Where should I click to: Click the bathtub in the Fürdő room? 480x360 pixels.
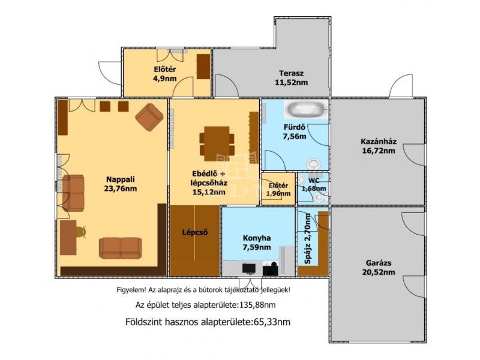pyautogui.click(x=306, y=109)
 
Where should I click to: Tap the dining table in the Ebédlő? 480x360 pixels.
pyautogui.click(x=217, y=143)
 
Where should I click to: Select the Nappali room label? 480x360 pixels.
pyautogui.click(x=121, y=179)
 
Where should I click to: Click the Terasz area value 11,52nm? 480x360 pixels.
pyautogui.click(x=291, y=82)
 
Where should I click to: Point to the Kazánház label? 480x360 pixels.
pyautogui.click(x=379, y=142)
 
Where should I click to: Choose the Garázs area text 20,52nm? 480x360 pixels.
pyautogui.click(x=379, y=272)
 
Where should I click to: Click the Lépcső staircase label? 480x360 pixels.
pyautogui.click(x=195, y=232)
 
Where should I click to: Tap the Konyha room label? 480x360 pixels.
pyautogui.click(x=257, y=238)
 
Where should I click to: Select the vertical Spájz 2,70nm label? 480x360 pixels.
pyautogui.click(x=308, y=239)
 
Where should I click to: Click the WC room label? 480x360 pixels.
pyautogui.click(x=314, y=181)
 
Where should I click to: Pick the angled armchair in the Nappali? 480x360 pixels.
pyautogui.click(x=149, y=117)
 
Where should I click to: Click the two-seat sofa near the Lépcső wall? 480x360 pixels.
pyautogui.click(x=121, y=248)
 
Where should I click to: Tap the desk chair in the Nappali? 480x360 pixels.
pyautogui.click(x=81, y=232)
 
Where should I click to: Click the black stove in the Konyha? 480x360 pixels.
pyautogui.click(x=248, y=268)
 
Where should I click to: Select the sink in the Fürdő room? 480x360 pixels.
pyautogui.click(x=313, y=164)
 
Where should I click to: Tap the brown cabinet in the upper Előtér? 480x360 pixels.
pyautogui.click(x=203, y=67)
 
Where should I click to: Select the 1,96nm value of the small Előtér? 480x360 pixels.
pyautogui.click(x=278, y=193)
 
